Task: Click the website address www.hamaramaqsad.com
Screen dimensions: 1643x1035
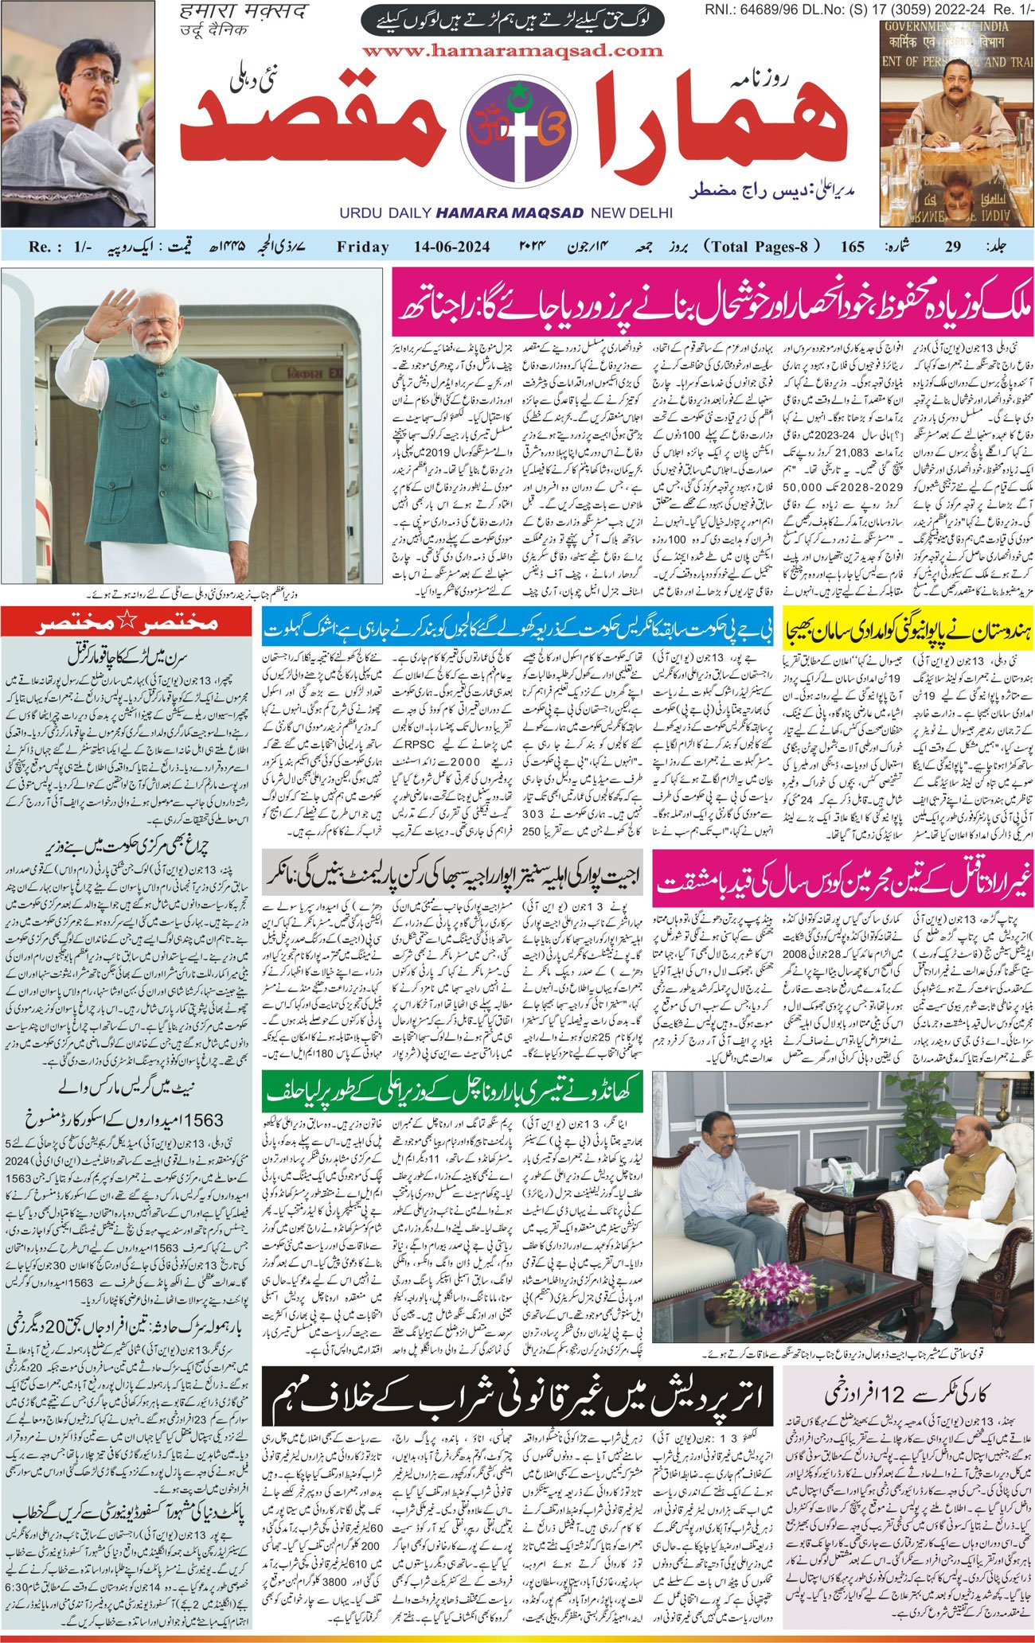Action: coord(512,51)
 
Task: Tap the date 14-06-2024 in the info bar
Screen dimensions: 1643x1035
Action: coord(451,247)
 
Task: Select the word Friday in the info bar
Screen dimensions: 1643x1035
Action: coord(363,247)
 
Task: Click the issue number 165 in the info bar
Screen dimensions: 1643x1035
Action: coord(852,247)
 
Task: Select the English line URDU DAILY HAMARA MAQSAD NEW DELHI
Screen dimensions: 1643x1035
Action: coord(506,213)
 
